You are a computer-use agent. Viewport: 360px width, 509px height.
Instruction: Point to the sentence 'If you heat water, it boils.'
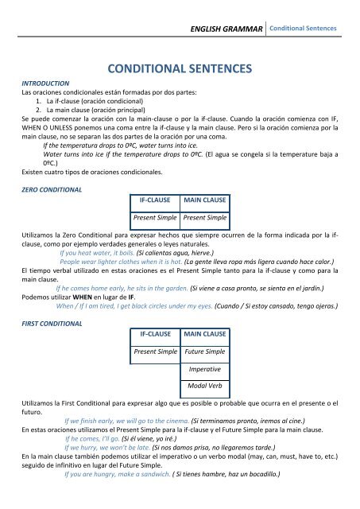102,251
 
